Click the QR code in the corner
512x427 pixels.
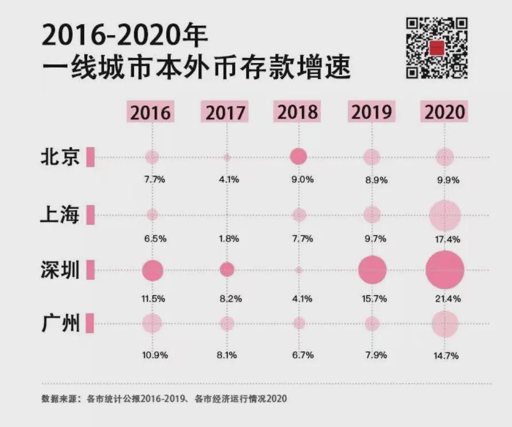pos(437,48)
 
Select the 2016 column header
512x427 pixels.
pos(150,111)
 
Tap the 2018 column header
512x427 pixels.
pos(298,111)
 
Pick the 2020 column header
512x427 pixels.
pos(444,111)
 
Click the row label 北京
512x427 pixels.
pos(60,157)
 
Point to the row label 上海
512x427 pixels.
pos(60,215)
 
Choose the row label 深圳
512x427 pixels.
pos(60,270)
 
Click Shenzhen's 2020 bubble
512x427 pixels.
pos(445,270)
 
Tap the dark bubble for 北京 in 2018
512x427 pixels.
pos(299,156)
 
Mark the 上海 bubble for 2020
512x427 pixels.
pos(445,215)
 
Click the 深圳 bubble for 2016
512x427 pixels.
pos(152,270)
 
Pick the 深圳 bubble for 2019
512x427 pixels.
pos(372,270)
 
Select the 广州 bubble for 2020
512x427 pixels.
pos(445,324)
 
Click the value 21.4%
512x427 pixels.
pos(445,299)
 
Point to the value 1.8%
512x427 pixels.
pos(228,238)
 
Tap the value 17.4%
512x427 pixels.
pos(445,238)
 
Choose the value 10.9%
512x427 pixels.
pos(155,355)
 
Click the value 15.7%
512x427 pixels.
pos(376,299)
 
